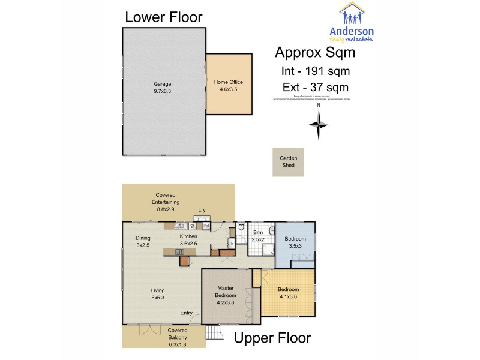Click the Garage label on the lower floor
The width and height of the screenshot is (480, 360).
(162, 84)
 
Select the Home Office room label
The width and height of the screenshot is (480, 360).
(229, 82)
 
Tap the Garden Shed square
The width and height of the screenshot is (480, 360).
(288, 161)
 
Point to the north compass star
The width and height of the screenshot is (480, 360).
(319, 124)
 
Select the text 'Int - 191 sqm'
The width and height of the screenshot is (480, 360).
(316, 71)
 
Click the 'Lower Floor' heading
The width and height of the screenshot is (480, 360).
(163, 17)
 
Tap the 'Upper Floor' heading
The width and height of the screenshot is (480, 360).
(272, 338)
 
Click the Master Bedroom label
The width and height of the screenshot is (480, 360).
(226, 291)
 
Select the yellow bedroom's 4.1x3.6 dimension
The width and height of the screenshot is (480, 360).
(289, 296)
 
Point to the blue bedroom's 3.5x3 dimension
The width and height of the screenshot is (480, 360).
(294, 246)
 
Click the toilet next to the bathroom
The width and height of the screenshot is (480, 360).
(240, 227)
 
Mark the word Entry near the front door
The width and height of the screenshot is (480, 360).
(187, 313)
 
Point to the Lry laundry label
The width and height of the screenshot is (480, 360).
(202, 209)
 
